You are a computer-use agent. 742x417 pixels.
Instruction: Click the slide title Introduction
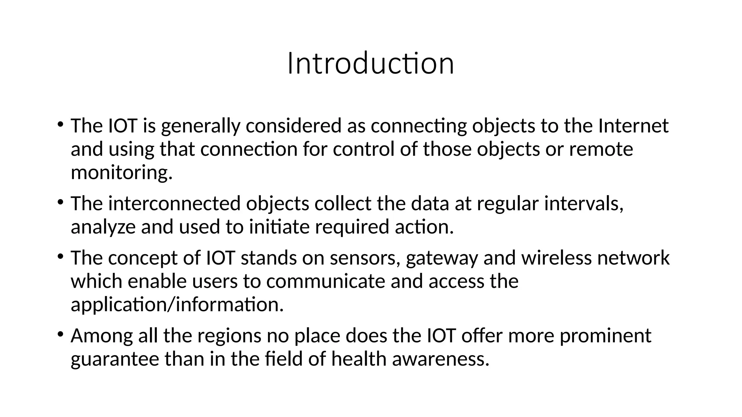tap(371, 64)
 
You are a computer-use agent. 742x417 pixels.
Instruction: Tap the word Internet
tap(633, 126)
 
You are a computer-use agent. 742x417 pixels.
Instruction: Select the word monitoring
tap(121, 173)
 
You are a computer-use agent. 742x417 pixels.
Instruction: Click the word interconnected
tap(174, 203)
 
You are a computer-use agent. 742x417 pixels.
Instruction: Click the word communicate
tap(325, 281)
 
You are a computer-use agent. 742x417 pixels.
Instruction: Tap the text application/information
tap(177, 305)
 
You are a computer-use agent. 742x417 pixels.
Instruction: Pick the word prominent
tap(605, 336)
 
